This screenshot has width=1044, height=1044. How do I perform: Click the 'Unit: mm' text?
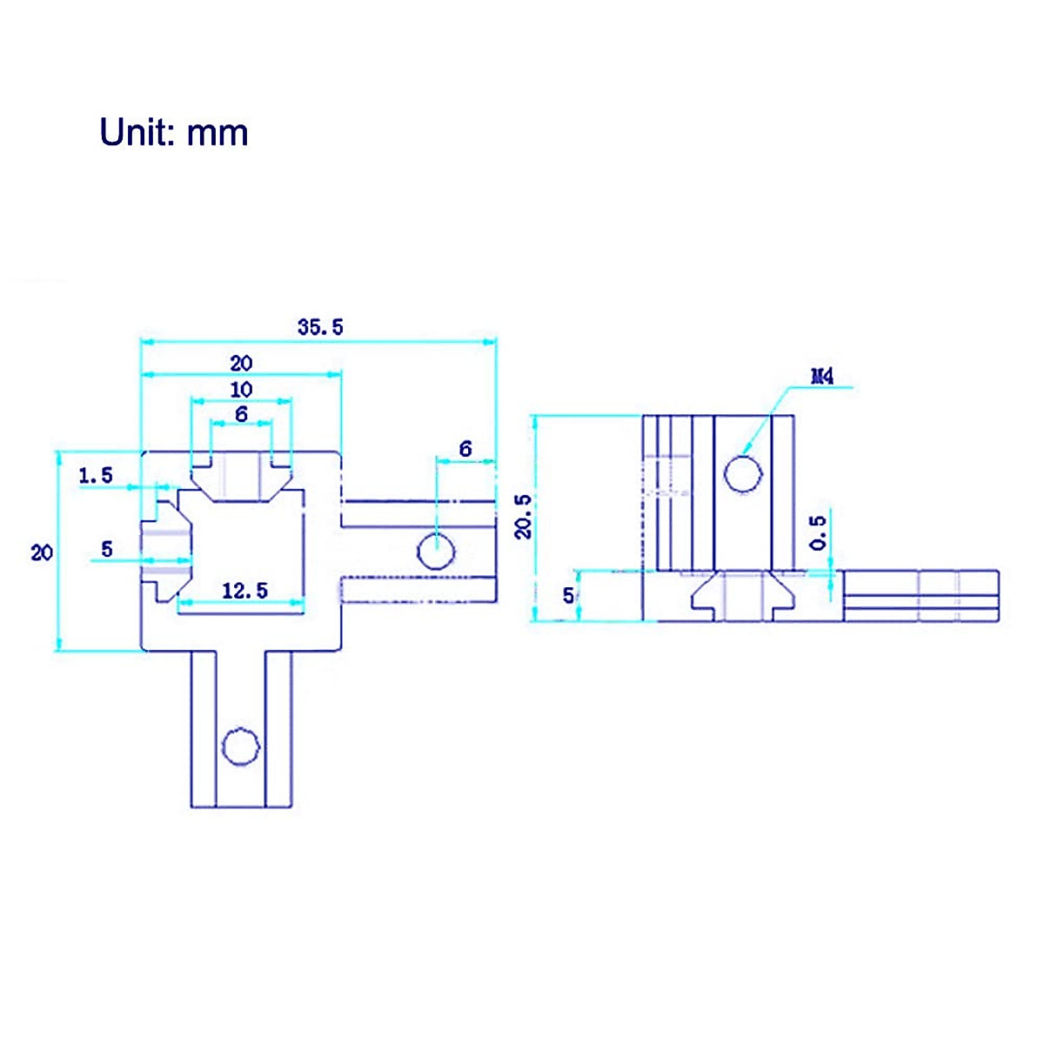coord(174,132)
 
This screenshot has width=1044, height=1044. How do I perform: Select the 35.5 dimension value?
coord(320,327)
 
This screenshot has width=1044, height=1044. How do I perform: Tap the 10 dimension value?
coord(241,389)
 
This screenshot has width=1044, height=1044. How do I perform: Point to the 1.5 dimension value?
coord(96,475)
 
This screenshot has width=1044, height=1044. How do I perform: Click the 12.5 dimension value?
coord(244,592)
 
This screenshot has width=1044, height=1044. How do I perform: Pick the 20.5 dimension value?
coord(523,516)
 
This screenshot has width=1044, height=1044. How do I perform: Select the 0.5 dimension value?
coord(818,532)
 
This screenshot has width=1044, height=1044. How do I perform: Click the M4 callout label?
coord(822,377)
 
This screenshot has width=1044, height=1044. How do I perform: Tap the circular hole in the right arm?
coord(436,551)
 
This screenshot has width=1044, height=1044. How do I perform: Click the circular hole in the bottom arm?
coord(241,746)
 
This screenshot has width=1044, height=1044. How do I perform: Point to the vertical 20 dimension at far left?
coord(42,552)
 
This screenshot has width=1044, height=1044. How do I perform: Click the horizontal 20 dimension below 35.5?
coord(241,363)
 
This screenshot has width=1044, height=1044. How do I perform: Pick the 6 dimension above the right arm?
coord(465,449)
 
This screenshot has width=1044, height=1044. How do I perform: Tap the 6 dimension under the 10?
coord(241,414)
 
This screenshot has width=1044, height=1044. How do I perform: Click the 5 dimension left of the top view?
coord(107,549)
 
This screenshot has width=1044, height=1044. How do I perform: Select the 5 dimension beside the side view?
coord(568,595)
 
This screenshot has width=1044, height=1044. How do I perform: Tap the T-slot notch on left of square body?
coord(168,551)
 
